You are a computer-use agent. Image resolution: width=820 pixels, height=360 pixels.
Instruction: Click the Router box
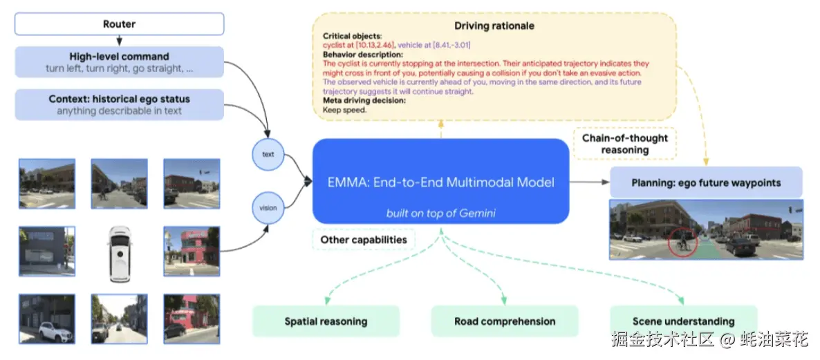[x=119, y=24]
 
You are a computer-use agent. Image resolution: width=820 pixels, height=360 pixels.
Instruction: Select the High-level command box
[x=119, y=62]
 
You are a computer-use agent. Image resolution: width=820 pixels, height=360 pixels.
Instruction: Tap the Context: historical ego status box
[x=119, y=104]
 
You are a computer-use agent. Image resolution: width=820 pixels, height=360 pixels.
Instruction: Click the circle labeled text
[x=268, y=154]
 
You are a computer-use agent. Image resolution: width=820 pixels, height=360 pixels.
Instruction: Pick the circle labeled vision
[x=268, y=207]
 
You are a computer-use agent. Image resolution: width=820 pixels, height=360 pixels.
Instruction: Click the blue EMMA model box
[x=440, y=182]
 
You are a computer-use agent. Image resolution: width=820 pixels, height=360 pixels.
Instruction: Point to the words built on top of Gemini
[x=440, y=213]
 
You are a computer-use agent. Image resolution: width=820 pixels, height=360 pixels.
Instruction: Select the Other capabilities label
[x=364, y=240]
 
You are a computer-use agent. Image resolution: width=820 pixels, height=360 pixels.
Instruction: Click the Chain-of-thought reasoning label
[x=624, y=144]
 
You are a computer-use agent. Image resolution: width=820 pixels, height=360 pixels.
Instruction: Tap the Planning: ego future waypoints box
[x=706, y=183]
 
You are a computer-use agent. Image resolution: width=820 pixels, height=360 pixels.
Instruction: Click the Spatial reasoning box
[x=326, y=321]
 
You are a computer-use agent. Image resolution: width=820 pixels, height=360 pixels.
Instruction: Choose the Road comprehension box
[x=504, y=321]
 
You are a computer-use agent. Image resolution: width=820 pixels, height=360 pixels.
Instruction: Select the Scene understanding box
[x=683, y=321]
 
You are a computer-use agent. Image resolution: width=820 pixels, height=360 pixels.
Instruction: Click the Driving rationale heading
[x=494, y=26]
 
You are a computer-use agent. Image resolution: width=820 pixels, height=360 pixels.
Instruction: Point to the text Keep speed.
[x=345, y=109]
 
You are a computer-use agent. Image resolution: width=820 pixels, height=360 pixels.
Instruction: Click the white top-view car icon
[x=119, y=252]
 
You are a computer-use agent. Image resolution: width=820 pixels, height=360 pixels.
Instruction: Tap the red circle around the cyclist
[x=682, y=243]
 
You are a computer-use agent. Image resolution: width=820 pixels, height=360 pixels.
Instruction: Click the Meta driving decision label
[x=364, y=100]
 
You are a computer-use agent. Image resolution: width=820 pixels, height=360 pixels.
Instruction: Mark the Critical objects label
[x=351, y=35]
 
